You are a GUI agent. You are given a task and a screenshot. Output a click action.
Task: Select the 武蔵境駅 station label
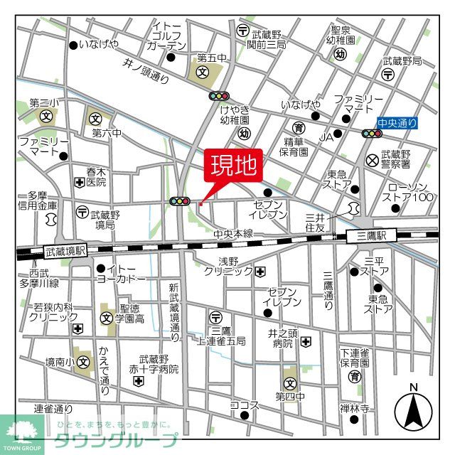(65, 250)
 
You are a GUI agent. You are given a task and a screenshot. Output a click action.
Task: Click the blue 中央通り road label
(397, 124)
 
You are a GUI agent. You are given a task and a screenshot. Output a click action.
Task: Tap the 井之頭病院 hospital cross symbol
(305, 342)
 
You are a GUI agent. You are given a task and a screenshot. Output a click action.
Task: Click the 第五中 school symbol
(201, 73)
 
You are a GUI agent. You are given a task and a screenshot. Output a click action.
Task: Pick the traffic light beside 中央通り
(370, 134)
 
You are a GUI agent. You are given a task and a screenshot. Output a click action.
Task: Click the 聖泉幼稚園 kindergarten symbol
(341, 54)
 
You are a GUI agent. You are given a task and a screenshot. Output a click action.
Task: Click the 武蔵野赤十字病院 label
(159, 364)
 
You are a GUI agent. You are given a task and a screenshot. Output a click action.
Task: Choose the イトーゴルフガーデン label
(168, 36)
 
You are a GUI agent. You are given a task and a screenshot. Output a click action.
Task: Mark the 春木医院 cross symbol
(78, 182)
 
